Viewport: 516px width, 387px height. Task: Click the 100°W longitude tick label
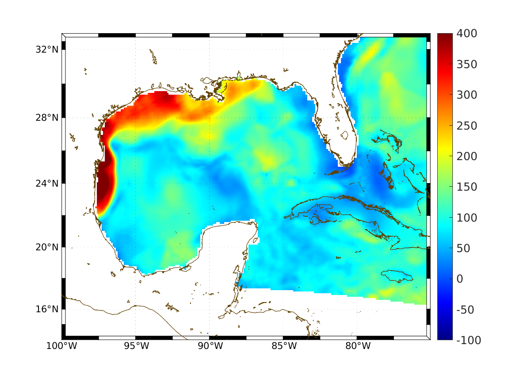[x=61, y=346]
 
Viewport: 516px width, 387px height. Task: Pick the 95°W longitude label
[x=136, y=346]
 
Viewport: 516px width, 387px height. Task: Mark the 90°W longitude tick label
[x=210, y=346]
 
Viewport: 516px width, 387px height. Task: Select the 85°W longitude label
[x=283, y=346]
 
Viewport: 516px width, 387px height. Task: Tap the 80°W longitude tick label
[x=357, y=346]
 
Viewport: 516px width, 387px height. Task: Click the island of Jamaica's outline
[x=397, y=276]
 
